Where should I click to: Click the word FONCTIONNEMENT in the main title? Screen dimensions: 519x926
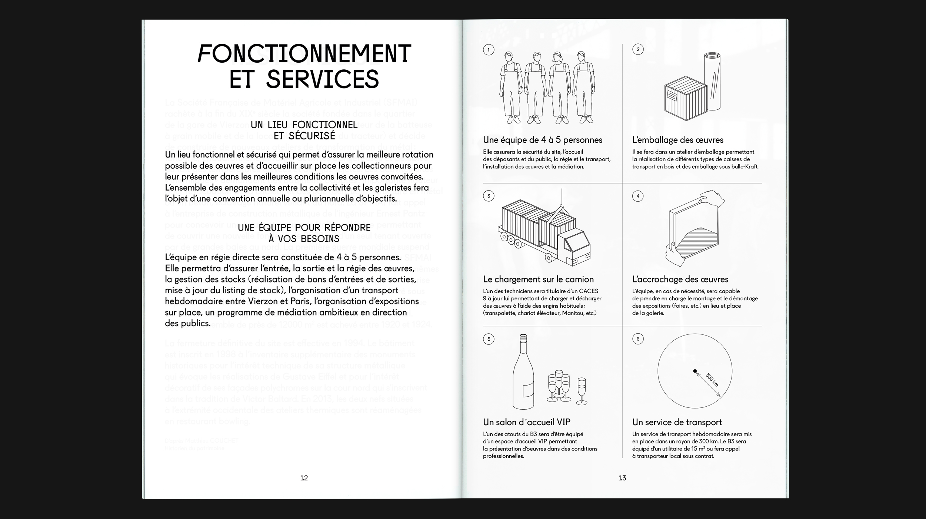[x=304, y=54]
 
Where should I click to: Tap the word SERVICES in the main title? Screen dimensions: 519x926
[x=322, y=79]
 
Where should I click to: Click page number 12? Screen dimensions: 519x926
[x=304, y=478]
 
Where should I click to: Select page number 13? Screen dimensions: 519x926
[x=622, y=478]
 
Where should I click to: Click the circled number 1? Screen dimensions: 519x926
[x=489, y=50]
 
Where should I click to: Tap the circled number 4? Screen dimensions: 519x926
[x=638, y=196]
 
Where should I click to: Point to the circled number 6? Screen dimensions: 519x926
[x=638, y=339]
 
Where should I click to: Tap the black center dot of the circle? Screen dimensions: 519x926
[x=695, y=371]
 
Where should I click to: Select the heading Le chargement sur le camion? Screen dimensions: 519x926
[x=538, y=280]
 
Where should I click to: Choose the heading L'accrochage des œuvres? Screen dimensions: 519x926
[x=680, y=280]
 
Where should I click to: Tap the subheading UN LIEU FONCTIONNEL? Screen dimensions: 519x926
[x=304, y=125]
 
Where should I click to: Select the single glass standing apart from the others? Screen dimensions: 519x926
[x=582, y=391]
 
